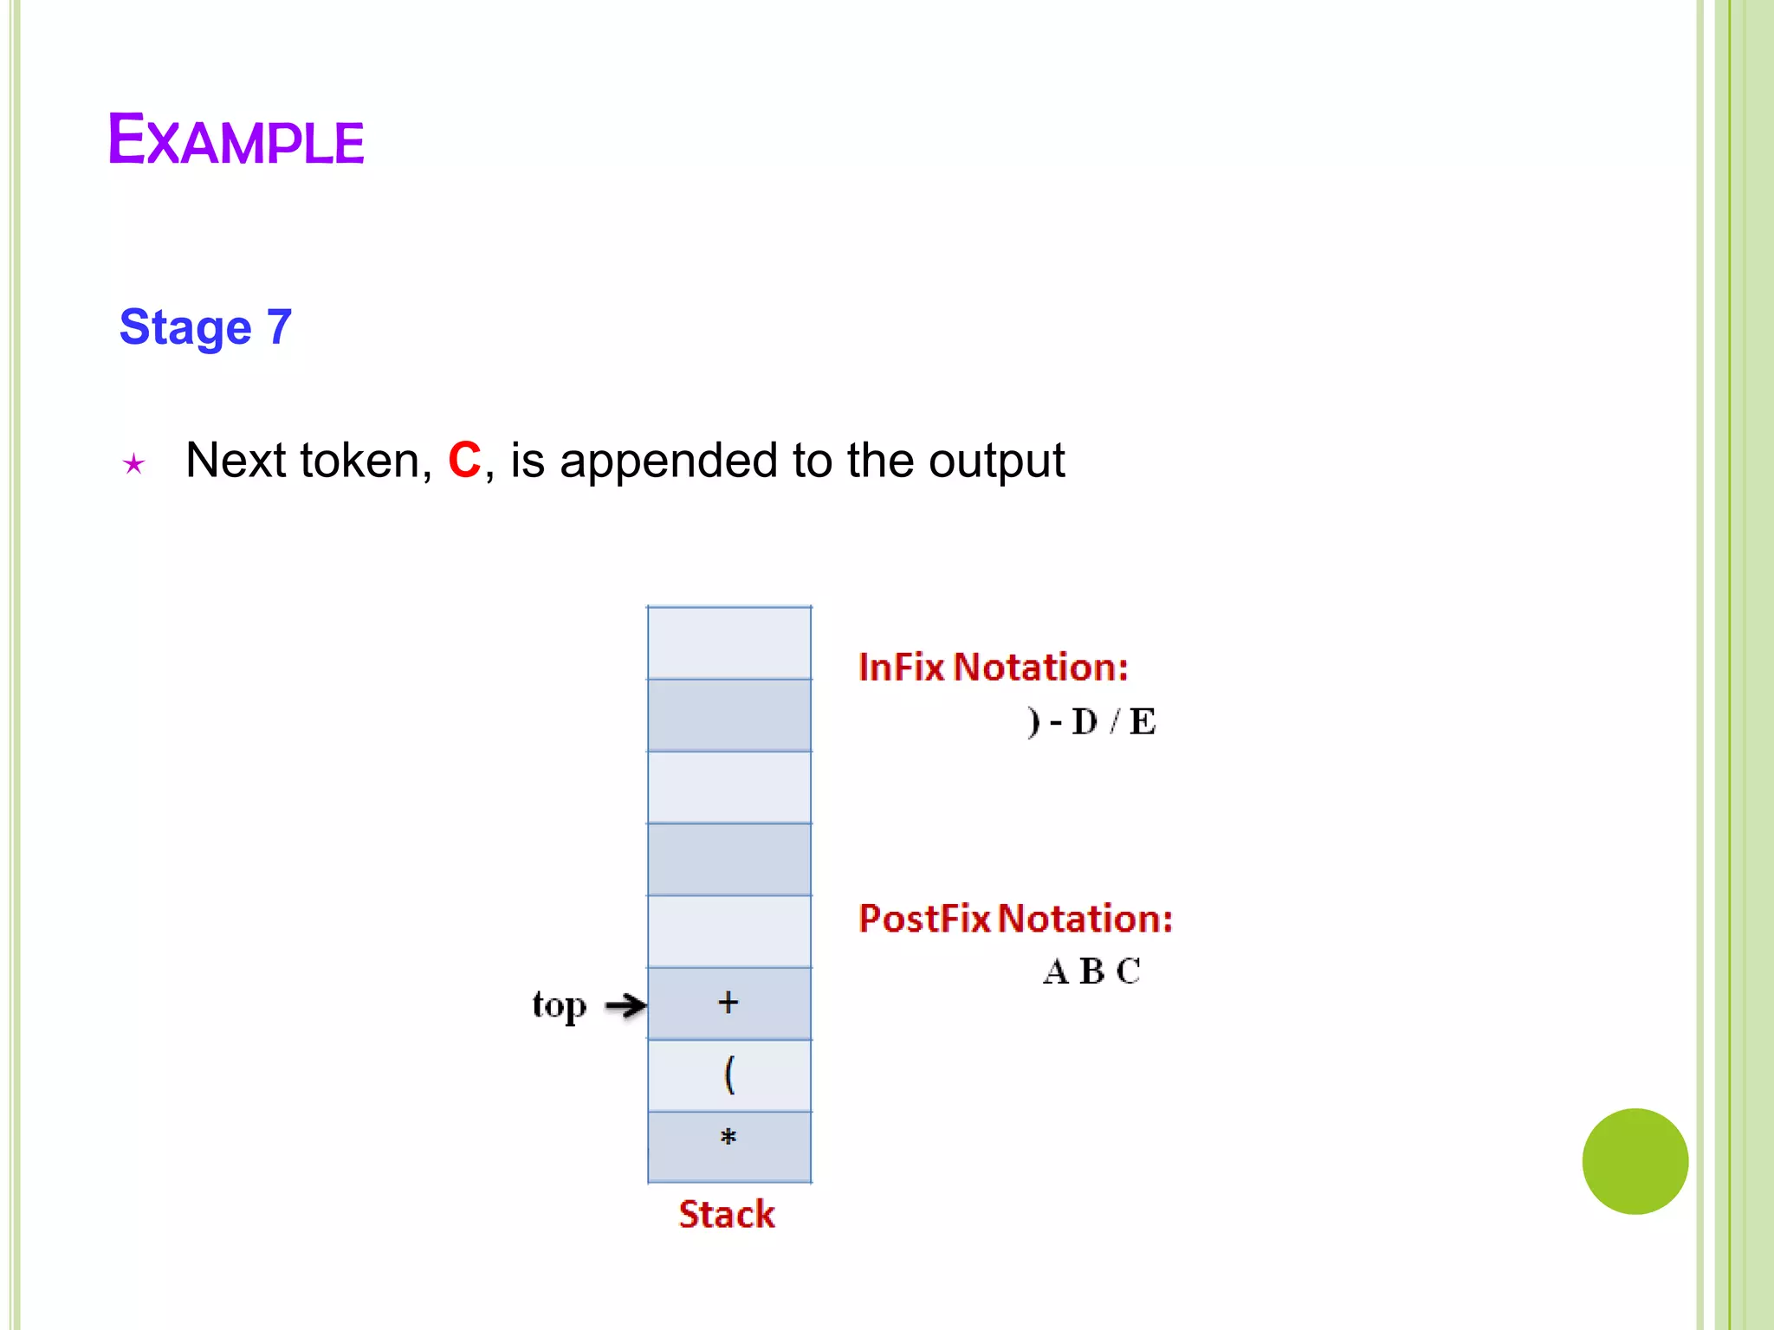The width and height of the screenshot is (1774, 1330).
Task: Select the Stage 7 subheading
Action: click(x=205, y=327)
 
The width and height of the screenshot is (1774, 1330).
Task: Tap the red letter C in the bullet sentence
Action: click(x=464, y=460)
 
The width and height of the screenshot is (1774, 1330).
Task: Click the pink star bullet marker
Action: click(x=133, y=464)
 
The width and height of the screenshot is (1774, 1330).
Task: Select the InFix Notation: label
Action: click(x=993, y=667)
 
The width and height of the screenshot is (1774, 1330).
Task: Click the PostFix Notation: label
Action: click(x=1015, y=919)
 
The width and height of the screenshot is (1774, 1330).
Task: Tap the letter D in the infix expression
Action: click(x=1084, y=721)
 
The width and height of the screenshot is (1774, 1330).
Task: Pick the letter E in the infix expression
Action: click(x=1143, y=721)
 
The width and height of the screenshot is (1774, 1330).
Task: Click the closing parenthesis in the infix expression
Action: click(x=1033, y=721)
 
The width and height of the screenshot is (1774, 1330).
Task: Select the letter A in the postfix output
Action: click(x=1056, y=972)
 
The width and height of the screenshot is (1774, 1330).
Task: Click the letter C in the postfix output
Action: click(x=1128, y=972)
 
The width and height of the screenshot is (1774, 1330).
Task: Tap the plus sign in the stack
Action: click(x=728, y=1003)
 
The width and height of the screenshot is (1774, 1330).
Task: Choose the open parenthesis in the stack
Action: click(x=729, y=1075)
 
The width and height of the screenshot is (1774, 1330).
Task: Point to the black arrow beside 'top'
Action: click(x=625, y=1005)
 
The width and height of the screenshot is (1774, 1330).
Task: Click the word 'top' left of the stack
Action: click(x=560, y=1005)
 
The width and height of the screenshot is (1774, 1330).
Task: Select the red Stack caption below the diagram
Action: click(x=727, y=1214)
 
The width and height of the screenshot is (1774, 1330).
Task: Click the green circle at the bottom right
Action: click(x=1635, y=1161)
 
